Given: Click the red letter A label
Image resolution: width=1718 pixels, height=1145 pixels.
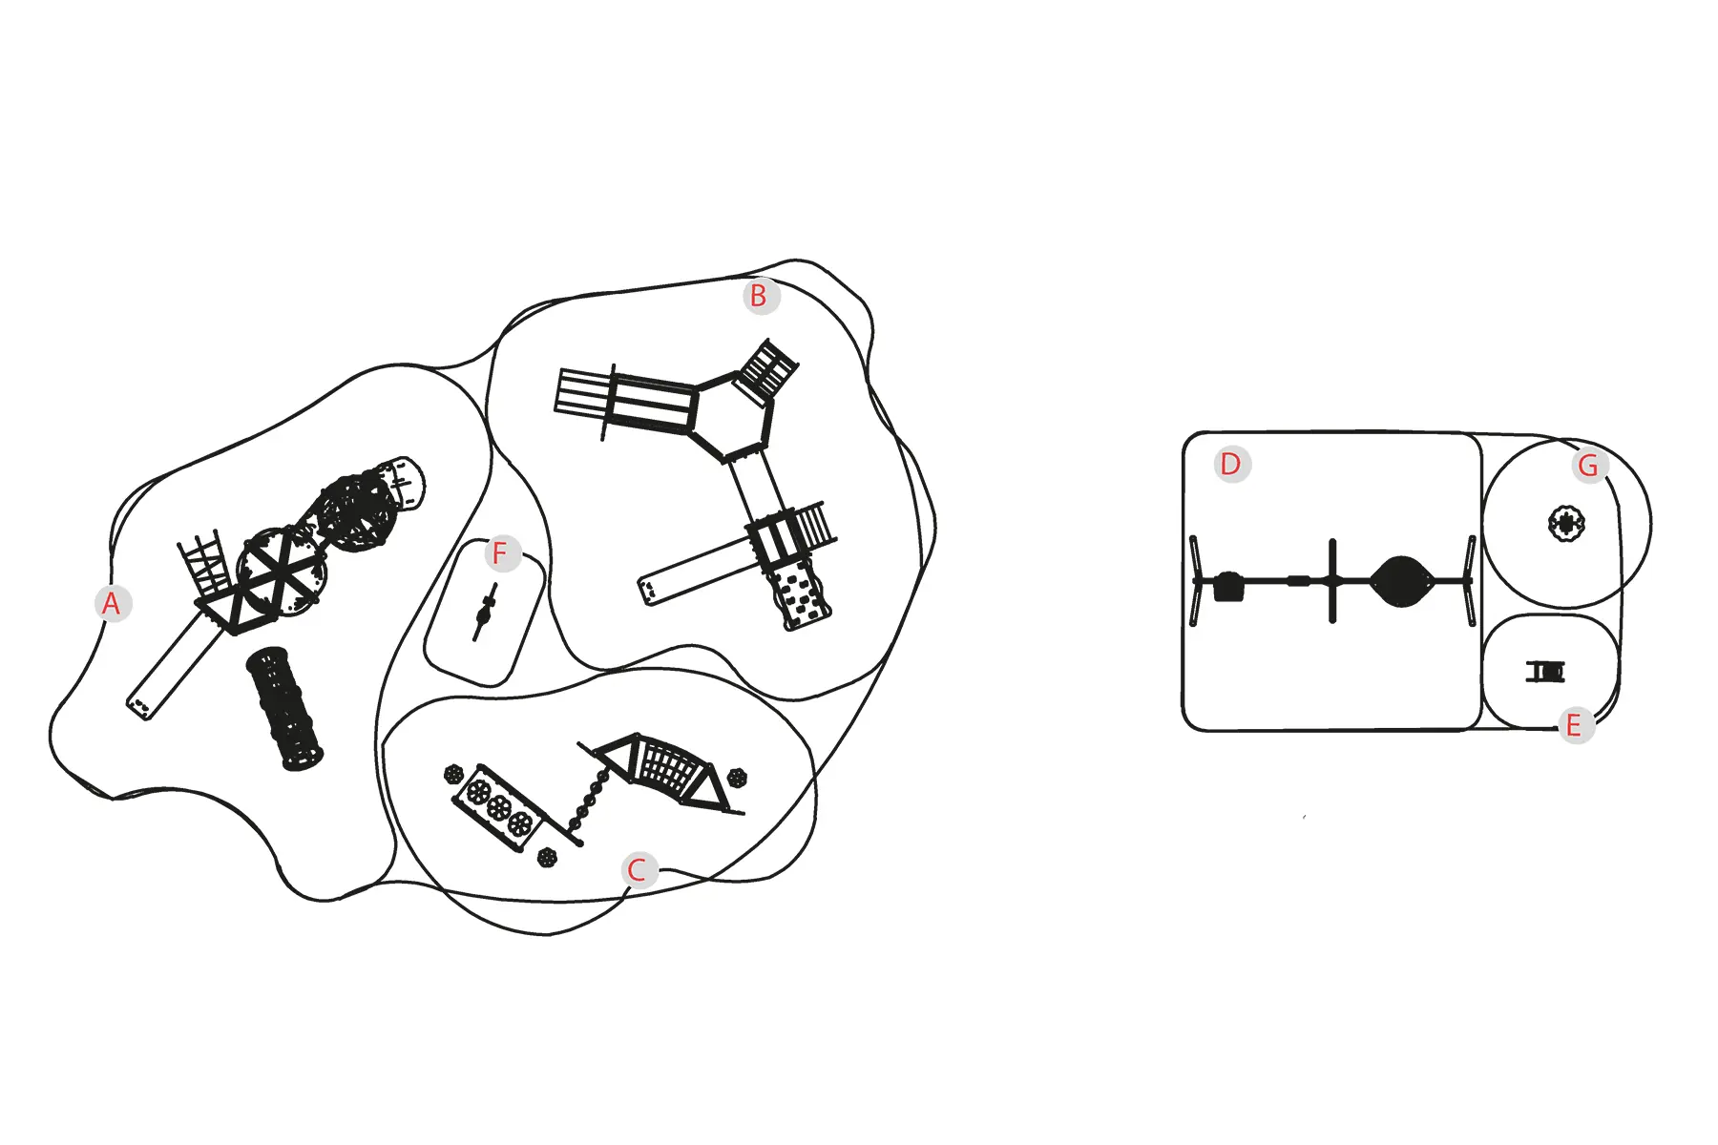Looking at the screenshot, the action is point(112,603).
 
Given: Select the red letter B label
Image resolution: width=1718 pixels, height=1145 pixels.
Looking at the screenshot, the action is point(759,297).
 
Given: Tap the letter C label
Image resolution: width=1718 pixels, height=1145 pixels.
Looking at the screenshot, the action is point(638,870).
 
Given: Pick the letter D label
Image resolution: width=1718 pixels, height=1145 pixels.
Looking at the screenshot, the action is point(1231,465).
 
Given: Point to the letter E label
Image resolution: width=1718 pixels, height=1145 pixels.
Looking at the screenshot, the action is point(1575,725).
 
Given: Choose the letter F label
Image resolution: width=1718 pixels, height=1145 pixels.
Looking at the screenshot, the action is point(500,553).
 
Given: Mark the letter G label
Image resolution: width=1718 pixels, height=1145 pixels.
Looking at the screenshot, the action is point(1589,466).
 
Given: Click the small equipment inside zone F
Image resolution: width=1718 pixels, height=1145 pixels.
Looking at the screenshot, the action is point(485,612).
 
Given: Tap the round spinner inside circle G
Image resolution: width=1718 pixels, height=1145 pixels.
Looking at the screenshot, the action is point(1566,523).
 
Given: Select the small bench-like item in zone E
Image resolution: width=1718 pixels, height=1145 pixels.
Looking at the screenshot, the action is point(1545,673).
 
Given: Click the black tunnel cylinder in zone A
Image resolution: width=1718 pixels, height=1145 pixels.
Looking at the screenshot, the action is point(283,708).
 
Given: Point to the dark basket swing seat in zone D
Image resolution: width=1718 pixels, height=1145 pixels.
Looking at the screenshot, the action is point(1401,581).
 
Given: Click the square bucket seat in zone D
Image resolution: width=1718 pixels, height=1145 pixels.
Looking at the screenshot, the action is point(1229,586).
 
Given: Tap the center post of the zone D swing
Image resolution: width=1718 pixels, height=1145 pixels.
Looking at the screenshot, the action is point(1333,580).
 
